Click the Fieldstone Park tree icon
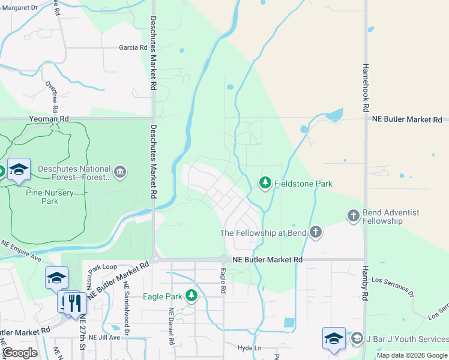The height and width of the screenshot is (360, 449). pyautogui.click(x=264, y=182)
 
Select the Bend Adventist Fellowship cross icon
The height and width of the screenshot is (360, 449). pyautogui.click(x=354, y=215)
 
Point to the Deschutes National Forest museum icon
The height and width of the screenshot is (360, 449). pyautogui.click(x=121, y=173)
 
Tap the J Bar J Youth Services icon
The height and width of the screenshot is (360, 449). pyautogui.click(x=357, y=339)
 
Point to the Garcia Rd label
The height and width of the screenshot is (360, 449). pyautogui.click(x=133, y=47)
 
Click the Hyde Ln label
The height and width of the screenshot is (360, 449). pyautogui.click(x=250, y=348)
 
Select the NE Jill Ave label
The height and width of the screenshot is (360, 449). pyautogui.click(x=104, y=338)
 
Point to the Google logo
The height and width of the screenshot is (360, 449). pyautogui.click(x=20, y=353)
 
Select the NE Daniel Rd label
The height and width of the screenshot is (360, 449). pyautogui.click(x=171, y=326)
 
